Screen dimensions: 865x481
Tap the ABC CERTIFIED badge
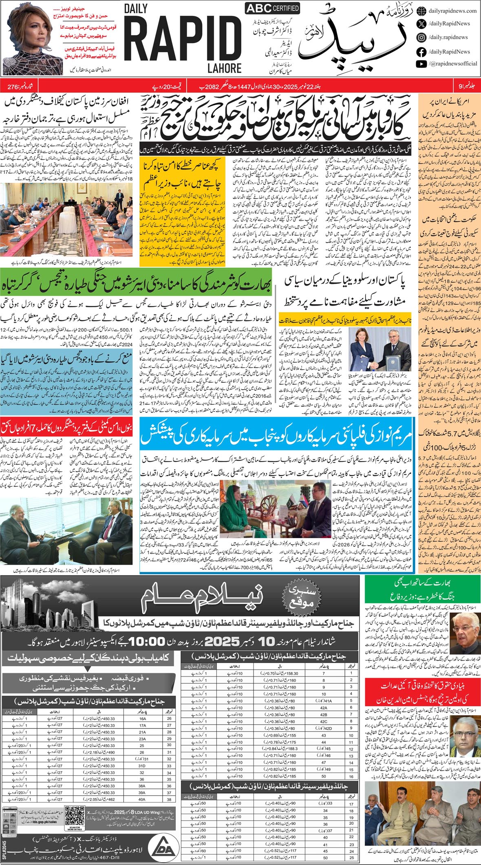click(272, 8)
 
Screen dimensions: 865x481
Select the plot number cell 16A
click(142, 719)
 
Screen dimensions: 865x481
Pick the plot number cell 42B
click(324, 714)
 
